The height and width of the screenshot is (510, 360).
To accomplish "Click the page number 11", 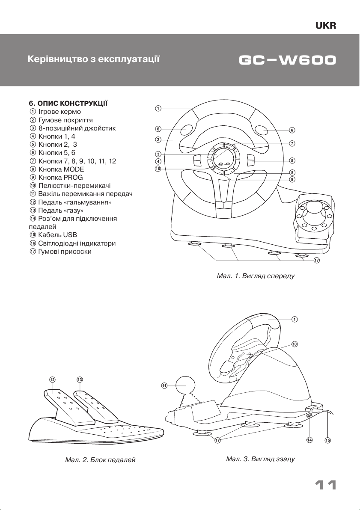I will click(325, 486).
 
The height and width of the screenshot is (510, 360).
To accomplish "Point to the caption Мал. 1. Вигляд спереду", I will click(256, 276).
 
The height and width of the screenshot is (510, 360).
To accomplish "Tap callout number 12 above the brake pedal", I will click(52, 380).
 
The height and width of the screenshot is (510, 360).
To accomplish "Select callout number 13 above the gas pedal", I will click(80, 380).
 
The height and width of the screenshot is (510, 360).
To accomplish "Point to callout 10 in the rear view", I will click(295, 344).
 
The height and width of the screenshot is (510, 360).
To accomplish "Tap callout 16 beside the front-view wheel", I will click(158, 169).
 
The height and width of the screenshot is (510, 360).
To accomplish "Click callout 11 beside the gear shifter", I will click(164, 385).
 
